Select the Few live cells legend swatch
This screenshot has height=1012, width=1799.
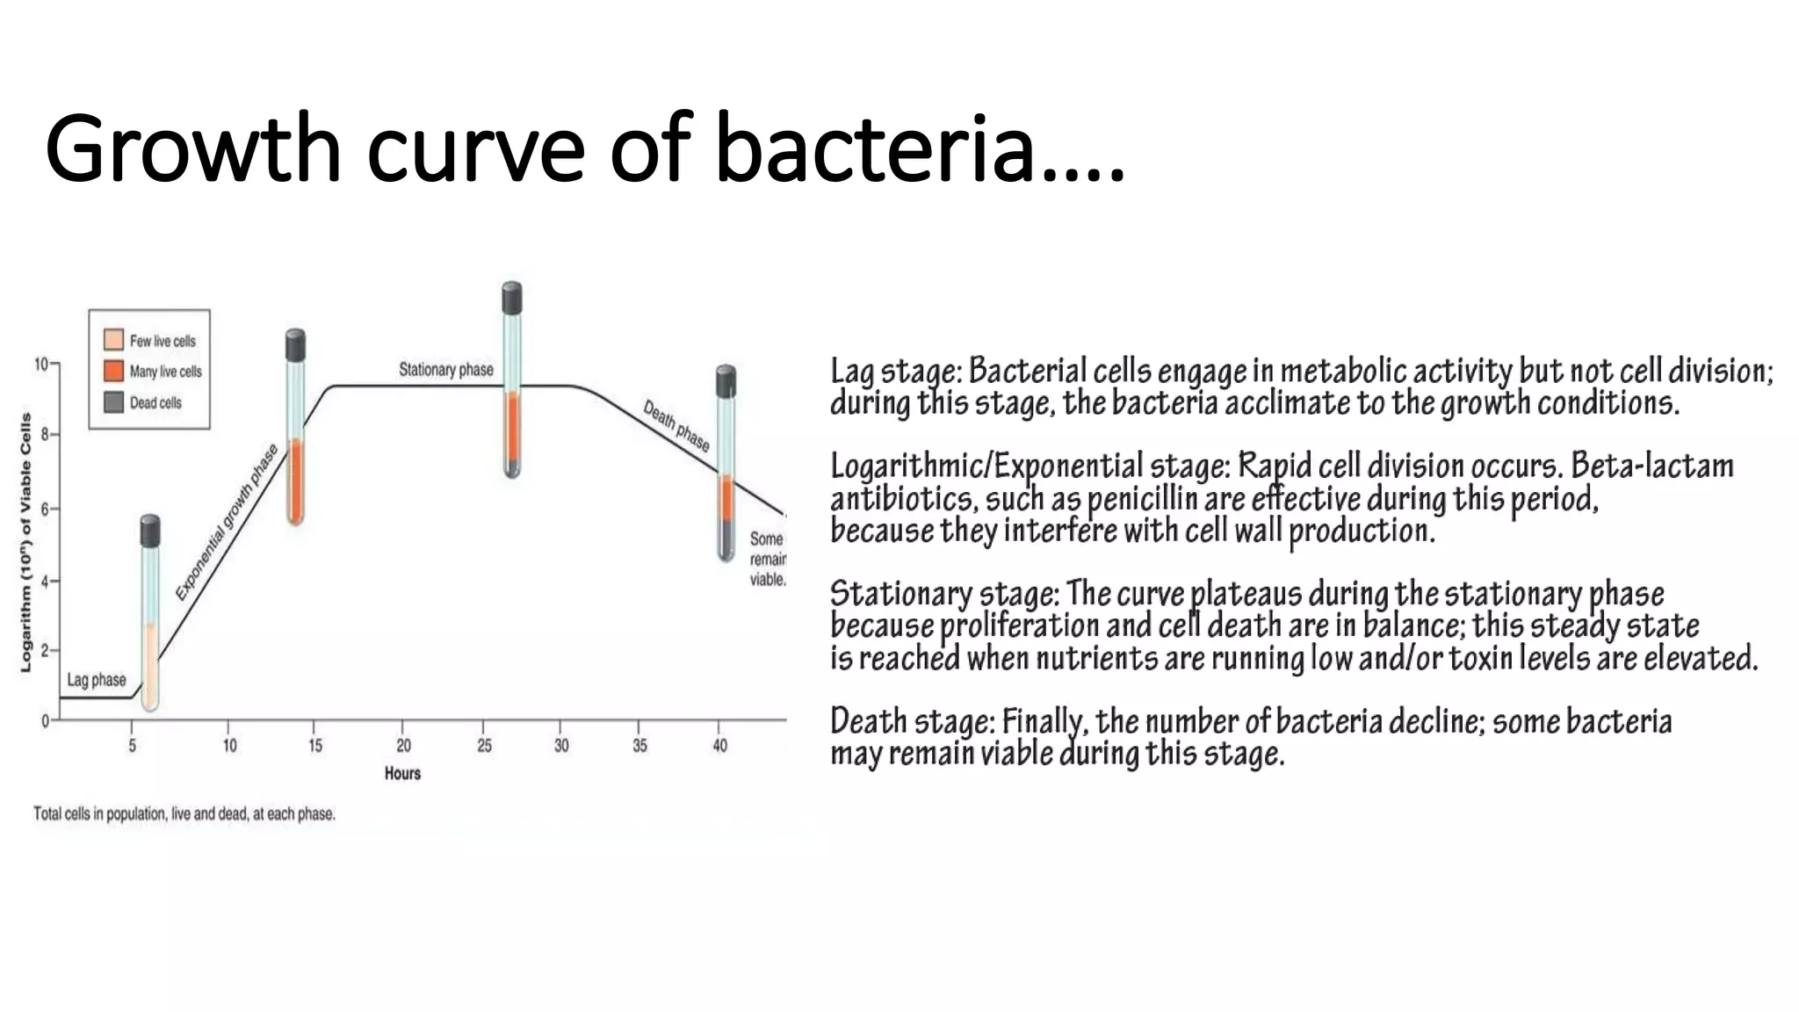click(113, 340)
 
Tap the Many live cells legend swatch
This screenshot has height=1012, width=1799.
click(113, 371)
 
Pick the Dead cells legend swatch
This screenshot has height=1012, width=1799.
click(113, 402)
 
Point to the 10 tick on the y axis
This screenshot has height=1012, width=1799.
click(41, 364)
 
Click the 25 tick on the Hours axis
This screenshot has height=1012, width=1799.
click(484, 746)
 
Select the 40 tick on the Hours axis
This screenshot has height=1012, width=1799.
click(719, 746)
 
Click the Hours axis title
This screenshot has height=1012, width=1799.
click(402, 774)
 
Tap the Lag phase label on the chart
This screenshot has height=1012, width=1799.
click(97, 680)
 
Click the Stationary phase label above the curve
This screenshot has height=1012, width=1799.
click(446, 370)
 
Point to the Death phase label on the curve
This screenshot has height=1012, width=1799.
click(676, 426)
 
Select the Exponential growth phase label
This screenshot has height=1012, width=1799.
click(227, 523)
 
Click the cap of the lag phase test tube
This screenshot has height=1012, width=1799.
click(150, 531)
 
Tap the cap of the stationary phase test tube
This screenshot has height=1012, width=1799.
click(512, 298)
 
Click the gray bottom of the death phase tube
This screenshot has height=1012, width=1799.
click(726, 539)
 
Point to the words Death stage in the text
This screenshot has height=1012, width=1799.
click(912, 722)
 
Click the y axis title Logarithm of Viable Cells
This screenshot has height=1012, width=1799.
click(25, 543)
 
